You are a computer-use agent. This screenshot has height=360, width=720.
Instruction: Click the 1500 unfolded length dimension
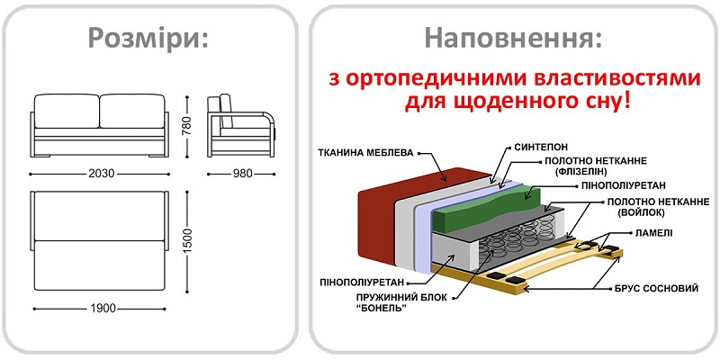(186, 239)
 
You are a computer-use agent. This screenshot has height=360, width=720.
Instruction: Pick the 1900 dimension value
(100, 310)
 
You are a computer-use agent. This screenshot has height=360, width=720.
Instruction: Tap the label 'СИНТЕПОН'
(540, 144)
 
